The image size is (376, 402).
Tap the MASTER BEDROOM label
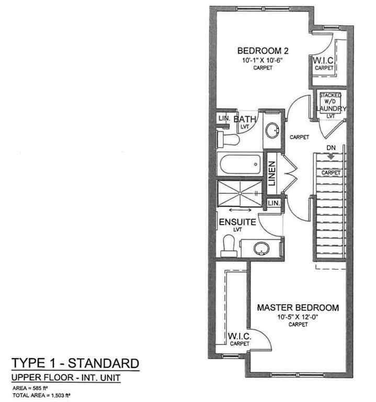298,307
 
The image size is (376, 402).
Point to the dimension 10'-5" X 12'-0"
297,317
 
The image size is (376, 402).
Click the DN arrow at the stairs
330,155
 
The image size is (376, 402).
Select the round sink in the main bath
272,131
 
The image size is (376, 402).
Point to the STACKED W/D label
331,98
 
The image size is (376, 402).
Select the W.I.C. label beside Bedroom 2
323,62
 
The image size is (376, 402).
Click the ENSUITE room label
237,222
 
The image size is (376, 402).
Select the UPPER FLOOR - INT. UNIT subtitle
66,377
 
